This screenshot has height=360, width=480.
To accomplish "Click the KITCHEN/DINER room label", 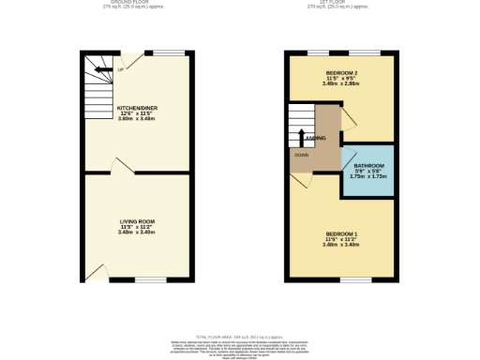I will [x=137, y=109].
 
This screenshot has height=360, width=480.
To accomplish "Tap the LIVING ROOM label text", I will [x=137, y=221].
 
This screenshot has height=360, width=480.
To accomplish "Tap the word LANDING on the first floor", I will [x=317, y=137].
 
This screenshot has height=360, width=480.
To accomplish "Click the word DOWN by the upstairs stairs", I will [x=302, y=155].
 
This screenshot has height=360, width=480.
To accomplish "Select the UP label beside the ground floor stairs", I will [x=121, y=69].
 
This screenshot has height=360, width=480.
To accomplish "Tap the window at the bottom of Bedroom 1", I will [x=353, y=279].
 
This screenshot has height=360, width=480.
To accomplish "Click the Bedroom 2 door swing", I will [x=346, y=118].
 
